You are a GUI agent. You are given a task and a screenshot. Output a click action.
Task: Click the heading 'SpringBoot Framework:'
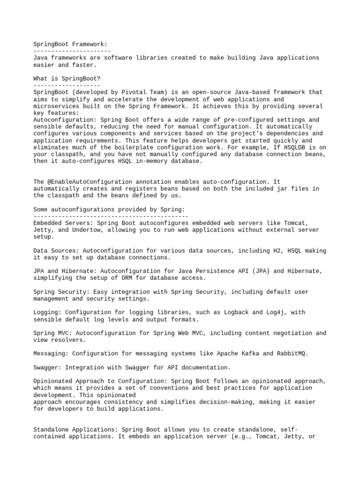70,44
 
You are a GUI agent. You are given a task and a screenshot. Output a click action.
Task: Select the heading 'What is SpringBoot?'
67,78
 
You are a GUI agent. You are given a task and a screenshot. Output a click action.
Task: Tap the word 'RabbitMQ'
293,353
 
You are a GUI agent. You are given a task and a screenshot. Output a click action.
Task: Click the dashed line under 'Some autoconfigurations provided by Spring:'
111,216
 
